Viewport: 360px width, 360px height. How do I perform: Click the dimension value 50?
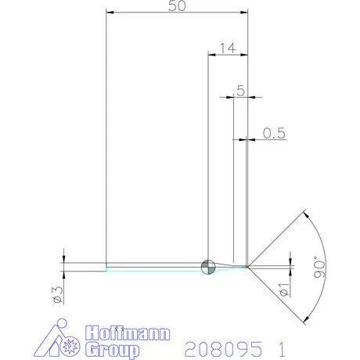coord(177,6)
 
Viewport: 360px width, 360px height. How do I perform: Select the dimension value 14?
coord(228,48)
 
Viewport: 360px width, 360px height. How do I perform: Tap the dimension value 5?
coord(240,91)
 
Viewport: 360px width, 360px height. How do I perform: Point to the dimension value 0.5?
coord(273,133)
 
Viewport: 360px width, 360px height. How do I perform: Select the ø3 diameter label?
coord(56,293)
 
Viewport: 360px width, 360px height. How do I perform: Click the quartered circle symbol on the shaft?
coord(207,266)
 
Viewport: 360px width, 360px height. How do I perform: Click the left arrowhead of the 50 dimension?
coord(110,13)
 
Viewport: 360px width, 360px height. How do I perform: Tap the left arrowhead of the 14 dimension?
coord(211,55)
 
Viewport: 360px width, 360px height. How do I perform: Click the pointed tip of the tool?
coord(248,266)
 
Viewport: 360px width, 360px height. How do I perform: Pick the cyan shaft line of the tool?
coord(157,269)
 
